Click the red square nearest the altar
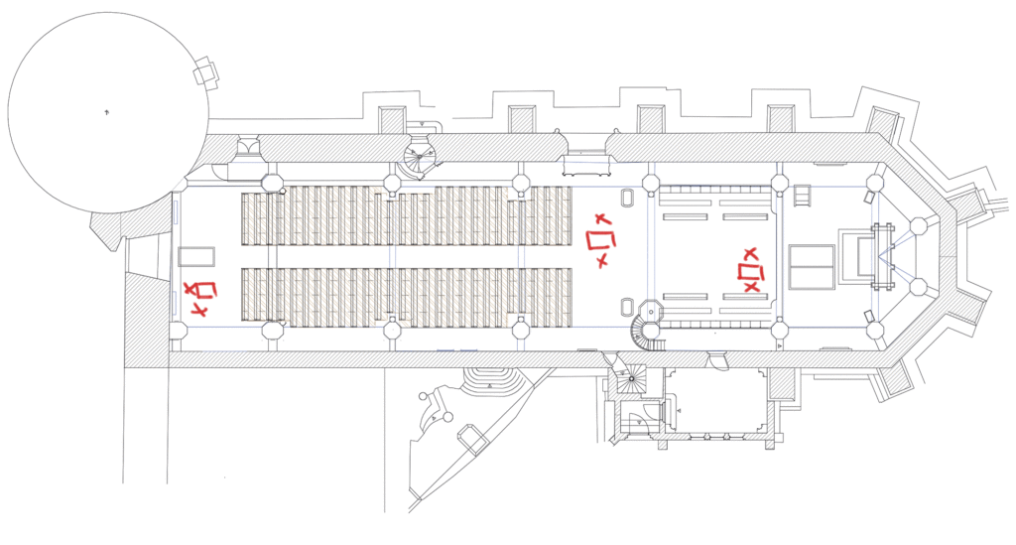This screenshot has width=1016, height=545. click(x=752, y=272)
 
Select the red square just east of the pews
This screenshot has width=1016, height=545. click(x=599, y=240)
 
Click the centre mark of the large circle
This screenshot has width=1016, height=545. click(x=107, y=114)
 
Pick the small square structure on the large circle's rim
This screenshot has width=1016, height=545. click(x=205, y=72)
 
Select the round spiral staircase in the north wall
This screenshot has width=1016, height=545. click(x=420, y=154)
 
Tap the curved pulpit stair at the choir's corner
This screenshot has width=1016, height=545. click(x=647, y=332)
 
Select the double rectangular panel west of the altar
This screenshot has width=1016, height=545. click(x=812, y=267)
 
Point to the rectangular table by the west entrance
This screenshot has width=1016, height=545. click(x=195, y=256)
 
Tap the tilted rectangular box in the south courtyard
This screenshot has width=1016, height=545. click(x=471, y=439)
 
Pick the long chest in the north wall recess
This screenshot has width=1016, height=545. click(x=583, y=165)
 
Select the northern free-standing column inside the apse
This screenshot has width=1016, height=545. click(x=919, y=226)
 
